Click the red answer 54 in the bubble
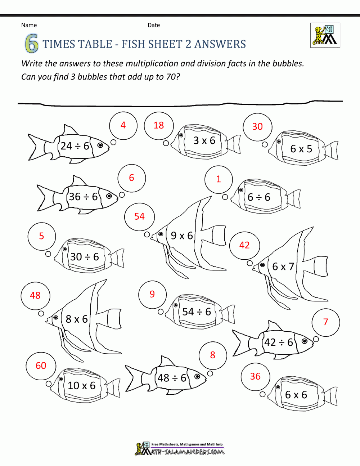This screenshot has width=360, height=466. pyautogui.click(x=139, y=216)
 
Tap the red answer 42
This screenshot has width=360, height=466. pyautogui.click(x=244, y=245)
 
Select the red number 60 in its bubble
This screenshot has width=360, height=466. pyautogui.click(x=41, y=366)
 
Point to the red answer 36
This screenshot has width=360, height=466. pyautogui.click(x=255, y=376)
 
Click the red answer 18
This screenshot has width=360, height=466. pyautogui.click(x=158, y=125)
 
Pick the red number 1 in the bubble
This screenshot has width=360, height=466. pyautogui.click(x=218, y=179)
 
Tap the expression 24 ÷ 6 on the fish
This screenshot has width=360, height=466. pyautogui.click(x=75, y=146)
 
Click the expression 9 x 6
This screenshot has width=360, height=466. pyautogui.click(x=182, y=236)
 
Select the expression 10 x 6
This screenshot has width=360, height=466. pyautogui.click(x=82, y=386)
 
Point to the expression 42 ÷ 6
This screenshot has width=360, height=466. pyautogui.click(x=279, y=342)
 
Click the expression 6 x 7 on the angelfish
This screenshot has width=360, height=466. pyautogui.click(x=283, y=266)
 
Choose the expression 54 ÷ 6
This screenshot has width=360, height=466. pyautogui.click(x=197, y=312)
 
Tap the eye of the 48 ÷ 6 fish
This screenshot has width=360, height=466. pyautogui.click(x=197, y=377)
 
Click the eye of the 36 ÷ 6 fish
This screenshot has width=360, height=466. pyautogui.click(x=109, y=196)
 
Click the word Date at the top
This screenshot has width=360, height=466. pyautogui.click(x=154, y=25)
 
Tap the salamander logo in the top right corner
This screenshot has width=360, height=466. pyautogui.click(x=325, y=35)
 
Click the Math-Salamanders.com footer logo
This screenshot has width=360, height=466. pyautogui.click(x=180, y=449)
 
